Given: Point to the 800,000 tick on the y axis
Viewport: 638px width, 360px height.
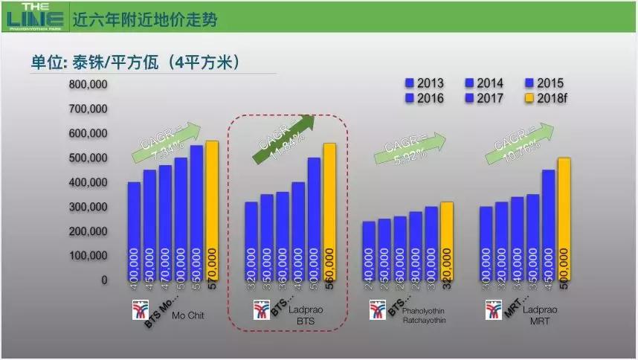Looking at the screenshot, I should click(x=88, y=84).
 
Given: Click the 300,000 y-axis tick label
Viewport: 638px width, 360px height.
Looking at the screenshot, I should click(x=88, y=207).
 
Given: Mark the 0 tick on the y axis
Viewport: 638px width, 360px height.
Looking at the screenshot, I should click(x=104, y=280).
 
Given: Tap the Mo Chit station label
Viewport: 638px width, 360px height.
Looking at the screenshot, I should click(x=188, y=315).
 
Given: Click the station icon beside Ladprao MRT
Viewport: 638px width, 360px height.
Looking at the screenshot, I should click(x=493, y=309).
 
